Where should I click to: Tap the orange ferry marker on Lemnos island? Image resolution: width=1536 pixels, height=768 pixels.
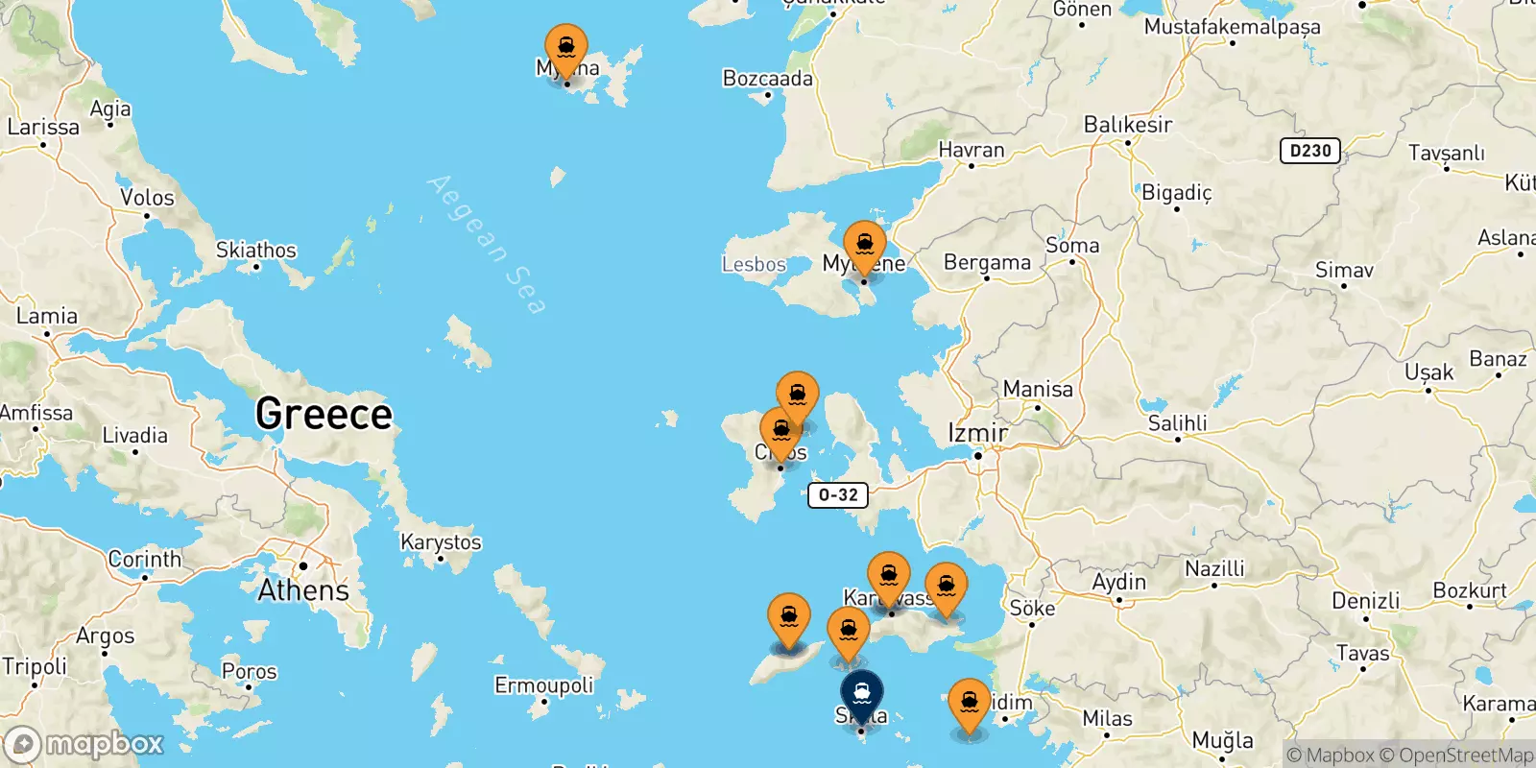(566, 49)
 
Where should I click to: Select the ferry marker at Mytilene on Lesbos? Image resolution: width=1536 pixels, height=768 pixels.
(864, 246)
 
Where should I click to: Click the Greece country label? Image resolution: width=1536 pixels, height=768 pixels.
(324, 415)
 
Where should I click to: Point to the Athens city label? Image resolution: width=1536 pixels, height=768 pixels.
(303, 589)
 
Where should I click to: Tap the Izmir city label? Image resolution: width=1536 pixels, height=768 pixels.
(977, 433)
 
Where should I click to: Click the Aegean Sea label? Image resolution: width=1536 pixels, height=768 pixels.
(488, 244)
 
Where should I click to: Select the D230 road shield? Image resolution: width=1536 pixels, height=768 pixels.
(1309, 151)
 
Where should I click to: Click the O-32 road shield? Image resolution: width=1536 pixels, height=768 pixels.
(838, 495)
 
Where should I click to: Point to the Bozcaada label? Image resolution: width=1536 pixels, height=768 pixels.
(767, 79)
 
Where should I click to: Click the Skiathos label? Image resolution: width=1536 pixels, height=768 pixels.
(256, 251)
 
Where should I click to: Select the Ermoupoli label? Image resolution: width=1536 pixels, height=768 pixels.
(543, 685)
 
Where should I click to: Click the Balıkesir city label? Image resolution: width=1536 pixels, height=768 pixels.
(1128, 125)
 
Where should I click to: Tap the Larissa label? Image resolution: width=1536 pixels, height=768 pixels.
(43, 127)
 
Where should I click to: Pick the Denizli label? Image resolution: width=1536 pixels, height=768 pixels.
(1365, 601)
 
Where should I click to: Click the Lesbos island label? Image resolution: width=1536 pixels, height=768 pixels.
(754, 264)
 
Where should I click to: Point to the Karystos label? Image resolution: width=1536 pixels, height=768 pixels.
(441, 542)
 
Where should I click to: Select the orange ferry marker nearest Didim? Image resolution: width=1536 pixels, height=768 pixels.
(970, 704)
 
